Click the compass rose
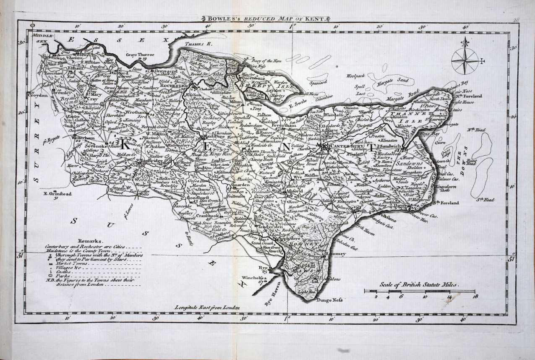(x=465, y=61)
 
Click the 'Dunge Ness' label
(x=329, y=300)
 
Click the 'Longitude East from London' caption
(x=207, y=308)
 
